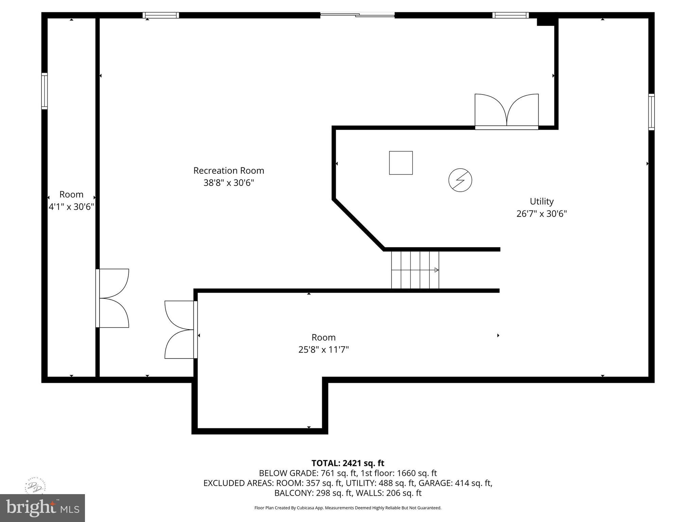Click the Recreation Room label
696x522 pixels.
point(229,171)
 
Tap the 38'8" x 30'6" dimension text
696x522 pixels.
point(229,183)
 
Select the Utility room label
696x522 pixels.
point(542,202)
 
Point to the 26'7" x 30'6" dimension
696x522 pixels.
point(542,214)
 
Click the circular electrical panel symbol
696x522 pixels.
point(460,180)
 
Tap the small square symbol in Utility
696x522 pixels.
point(401,163)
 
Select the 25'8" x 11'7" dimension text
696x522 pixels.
point(324,350)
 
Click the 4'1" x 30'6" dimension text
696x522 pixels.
point(71,207)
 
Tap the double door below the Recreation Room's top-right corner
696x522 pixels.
point(506,111)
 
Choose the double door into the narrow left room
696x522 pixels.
point(112,298)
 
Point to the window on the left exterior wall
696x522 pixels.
point(45,91)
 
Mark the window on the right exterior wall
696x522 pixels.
point(651,112)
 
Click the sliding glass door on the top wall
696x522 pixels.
point(357,15)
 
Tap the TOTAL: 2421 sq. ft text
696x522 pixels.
point(348,463)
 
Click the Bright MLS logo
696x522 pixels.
point(42,508)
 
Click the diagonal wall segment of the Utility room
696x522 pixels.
point(359,225)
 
